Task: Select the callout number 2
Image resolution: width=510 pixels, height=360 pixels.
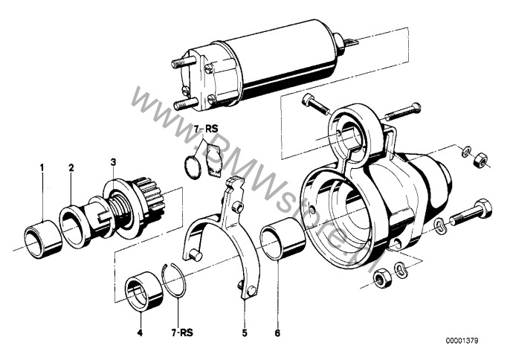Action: (71, 168)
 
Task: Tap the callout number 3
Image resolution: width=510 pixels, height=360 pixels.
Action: (113, 161)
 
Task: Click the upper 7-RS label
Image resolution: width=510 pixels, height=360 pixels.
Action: (207, 129)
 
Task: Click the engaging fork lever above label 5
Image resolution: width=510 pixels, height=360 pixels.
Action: (227, 238)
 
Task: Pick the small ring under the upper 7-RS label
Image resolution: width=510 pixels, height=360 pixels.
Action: (191, 167)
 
